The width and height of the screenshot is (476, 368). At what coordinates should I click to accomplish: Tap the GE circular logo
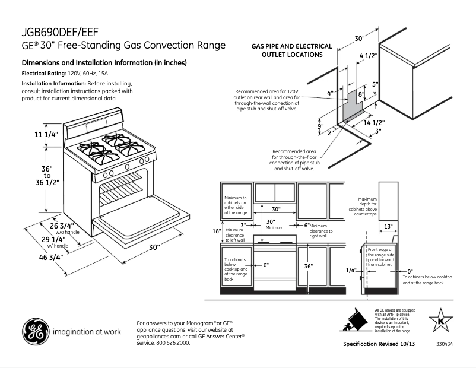(x=34, y=332)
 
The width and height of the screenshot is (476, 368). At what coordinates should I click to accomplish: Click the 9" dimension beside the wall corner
(x=320, y=126)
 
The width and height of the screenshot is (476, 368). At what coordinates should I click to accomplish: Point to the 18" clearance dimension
(x=217, y=231)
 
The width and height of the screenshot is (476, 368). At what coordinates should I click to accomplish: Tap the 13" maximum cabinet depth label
(x=388, y=226)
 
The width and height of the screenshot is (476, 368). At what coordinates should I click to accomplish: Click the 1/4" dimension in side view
(x=351, y=270)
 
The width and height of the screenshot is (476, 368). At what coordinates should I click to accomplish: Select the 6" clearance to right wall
(x=307, y=226)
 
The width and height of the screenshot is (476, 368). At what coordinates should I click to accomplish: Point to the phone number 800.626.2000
(x=173, y=343)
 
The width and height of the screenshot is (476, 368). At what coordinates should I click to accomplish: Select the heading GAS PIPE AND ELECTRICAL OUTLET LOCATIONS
(x=287, y=50)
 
